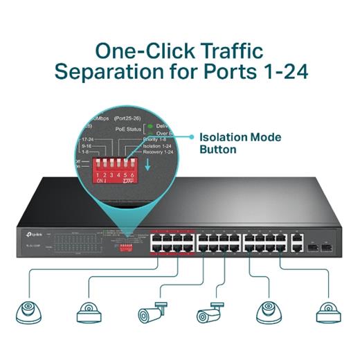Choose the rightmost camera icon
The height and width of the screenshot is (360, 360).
[x=327, y=313]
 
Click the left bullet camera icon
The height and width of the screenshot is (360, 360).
[x=151, y=312]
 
